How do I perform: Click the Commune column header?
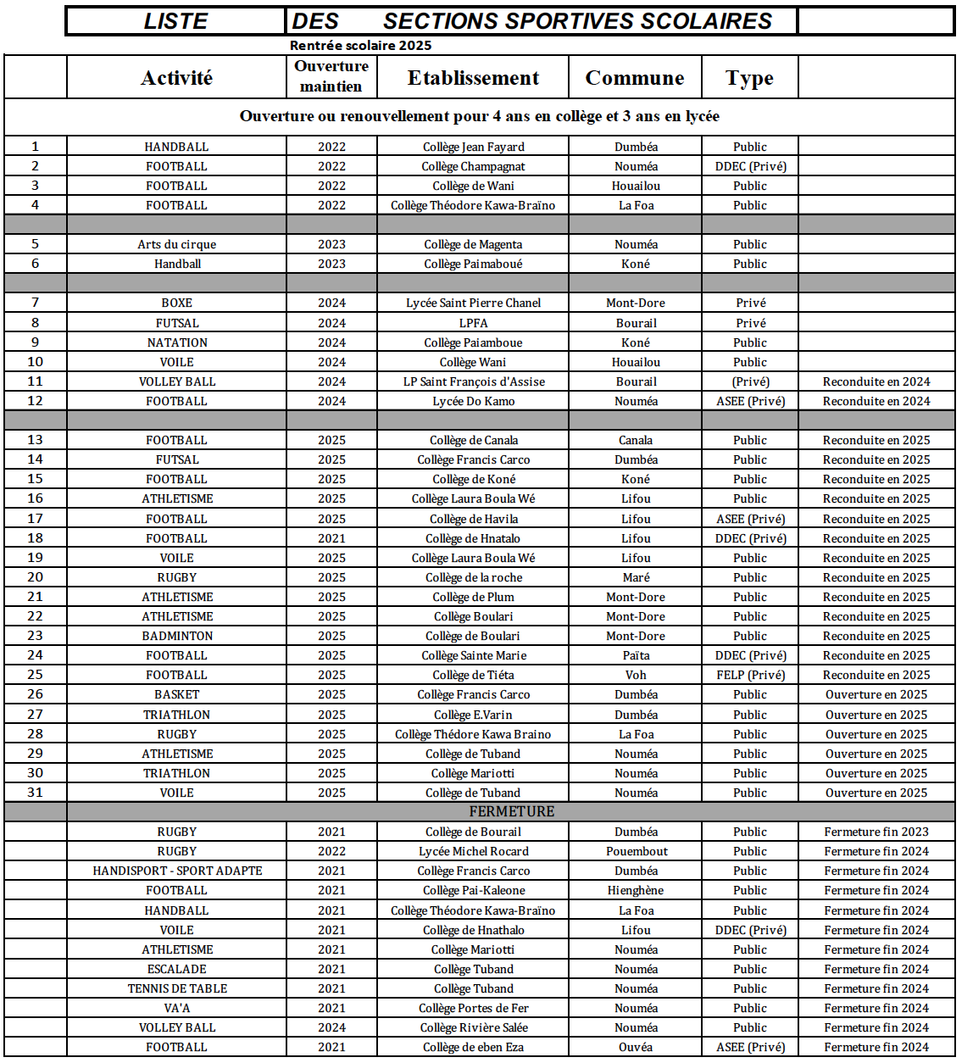[x=634, y=78]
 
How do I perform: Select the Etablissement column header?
[x=473, y=78]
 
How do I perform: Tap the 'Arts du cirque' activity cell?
[x=176, y=244]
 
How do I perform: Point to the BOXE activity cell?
[x=176, y=303]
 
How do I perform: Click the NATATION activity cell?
[x=176, y=342]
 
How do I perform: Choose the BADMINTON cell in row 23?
[x=176, y=636]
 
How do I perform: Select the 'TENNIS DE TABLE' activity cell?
[x=176, y=988]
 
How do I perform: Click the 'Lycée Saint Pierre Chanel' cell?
[x=473, y=303]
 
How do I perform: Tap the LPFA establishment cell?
[x=473, y=323]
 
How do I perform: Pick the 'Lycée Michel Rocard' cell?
[x=473, y=851]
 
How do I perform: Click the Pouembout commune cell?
[x=636, y=851]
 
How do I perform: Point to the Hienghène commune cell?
[x=636, y=890]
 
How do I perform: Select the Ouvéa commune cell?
[x=636, y=1047]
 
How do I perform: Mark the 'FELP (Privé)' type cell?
[x=750, y=675]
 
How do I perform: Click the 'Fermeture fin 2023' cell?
[x=876, y=832]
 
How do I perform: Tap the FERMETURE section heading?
[x=511, y=811]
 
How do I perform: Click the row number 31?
[x=35, y=793]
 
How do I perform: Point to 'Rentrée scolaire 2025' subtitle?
[x=360, y=46]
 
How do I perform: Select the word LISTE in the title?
[x=175, y=21]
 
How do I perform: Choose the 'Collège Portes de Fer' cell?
[x=473, y=1008]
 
